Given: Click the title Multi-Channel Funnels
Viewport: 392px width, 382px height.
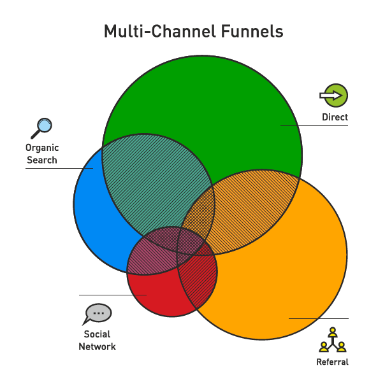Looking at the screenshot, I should click(x=193, y=31).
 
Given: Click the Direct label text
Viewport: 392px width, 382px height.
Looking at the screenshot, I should click(x=335, y=117).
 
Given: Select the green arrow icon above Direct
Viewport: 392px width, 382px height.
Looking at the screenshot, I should click(x=335, y=95).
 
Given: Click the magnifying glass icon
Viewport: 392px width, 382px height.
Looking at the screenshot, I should click(x=41, y=128).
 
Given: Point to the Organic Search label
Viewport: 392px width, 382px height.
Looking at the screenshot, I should click(x=42, y=154).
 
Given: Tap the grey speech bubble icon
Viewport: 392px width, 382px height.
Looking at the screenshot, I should click(x=98, y=314).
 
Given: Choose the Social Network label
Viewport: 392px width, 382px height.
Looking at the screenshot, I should click(x=97, y=341).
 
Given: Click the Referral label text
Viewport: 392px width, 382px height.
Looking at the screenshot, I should click(x=332, y=362).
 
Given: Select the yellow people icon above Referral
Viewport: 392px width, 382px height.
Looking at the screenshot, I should click(x=332, y=340).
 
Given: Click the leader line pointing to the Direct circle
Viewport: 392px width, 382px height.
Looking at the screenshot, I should click(x=316, y=126).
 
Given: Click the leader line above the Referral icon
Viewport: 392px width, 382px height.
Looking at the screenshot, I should click(x=319, y=318).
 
